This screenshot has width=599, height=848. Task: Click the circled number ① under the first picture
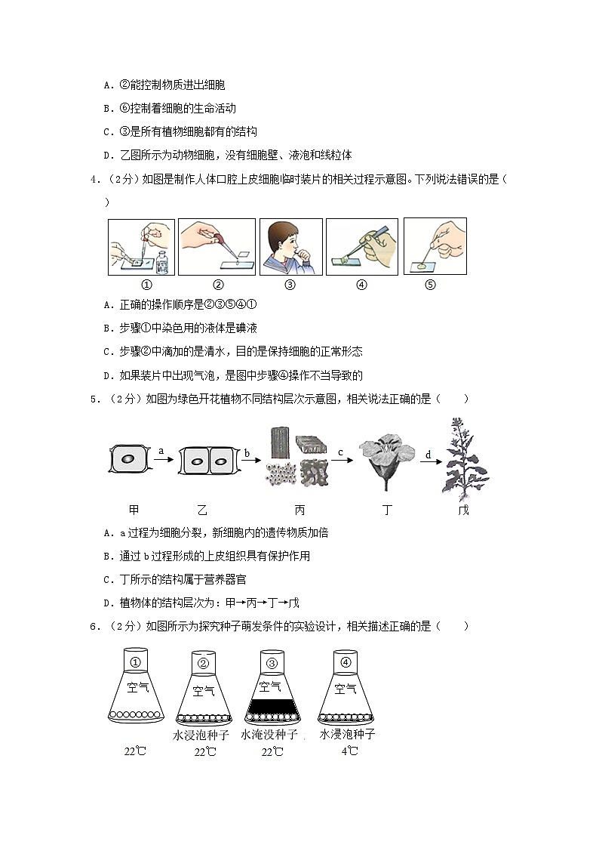point(146,285)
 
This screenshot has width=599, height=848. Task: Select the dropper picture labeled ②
point(217,247)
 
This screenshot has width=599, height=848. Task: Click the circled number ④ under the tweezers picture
point(361,285)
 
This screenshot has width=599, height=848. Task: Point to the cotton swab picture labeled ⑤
point(435,247)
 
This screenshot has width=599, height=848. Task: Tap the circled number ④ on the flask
point(346,663)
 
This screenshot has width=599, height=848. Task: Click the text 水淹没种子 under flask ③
point(269,734)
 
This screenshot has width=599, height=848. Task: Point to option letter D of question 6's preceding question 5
point(109,603)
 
